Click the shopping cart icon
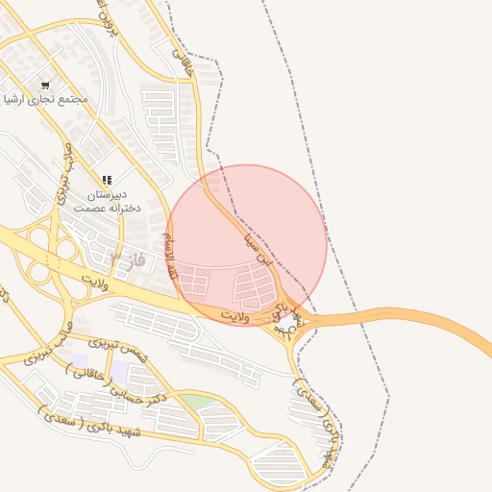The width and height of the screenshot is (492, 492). (45, 86)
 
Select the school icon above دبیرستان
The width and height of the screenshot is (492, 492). (107, 180)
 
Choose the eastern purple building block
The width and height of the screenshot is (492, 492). (120, 370)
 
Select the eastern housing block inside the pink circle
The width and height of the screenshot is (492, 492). (255, 284)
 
